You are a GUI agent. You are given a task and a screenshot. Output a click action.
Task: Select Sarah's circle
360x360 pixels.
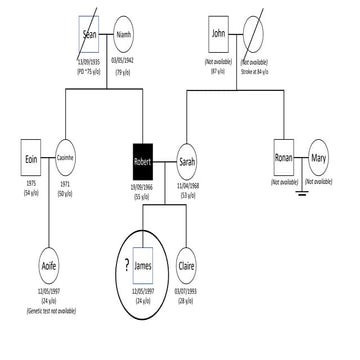point(186,159)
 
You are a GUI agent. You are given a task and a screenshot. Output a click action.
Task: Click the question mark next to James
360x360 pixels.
point(124,265)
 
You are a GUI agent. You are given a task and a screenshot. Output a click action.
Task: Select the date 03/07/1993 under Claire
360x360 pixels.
point(186,292)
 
